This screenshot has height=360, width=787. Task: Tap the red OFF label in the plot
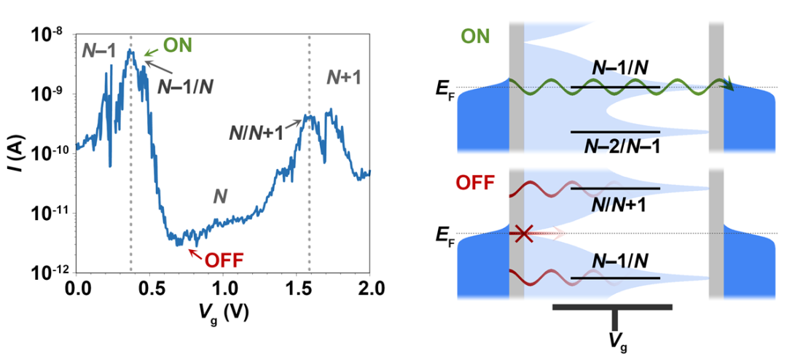pyautogui.click(x=224, y=259)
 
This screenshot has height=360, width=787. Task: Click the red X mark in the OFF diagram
pyautogui.click(x=522, y=233)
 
